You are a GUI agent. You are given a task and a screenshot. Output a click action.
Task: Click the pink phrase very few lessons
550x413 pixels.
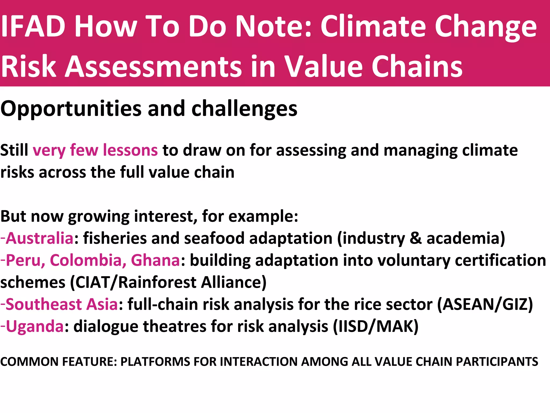click(95, 150)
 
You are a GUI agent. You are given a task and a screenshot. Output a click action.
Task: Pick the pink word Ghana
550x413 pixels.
click(155, 260)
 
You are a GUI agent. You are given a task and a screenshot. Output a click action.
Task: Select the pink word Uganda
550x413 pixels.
click(35, 326)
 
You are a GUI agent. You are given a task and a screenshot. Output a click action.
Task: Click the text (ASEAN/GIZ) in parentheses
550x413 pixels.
click(485, 304)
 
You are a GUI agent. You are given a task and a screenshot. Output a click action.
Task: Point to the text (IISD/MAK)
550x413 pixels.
click(376, 326)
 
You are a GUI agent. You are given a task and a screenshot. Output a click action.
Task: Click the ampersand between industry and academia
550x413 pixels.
click(415, 238)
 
